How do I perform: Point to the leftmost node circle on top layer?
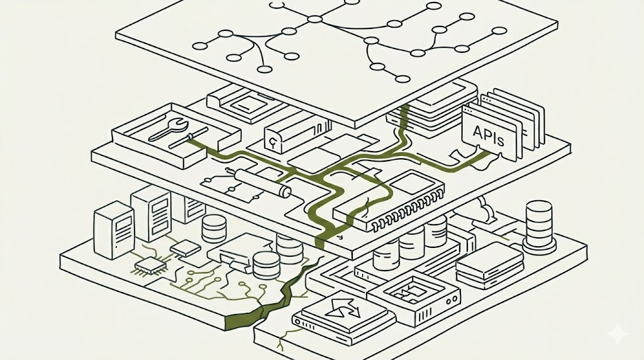200,45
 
